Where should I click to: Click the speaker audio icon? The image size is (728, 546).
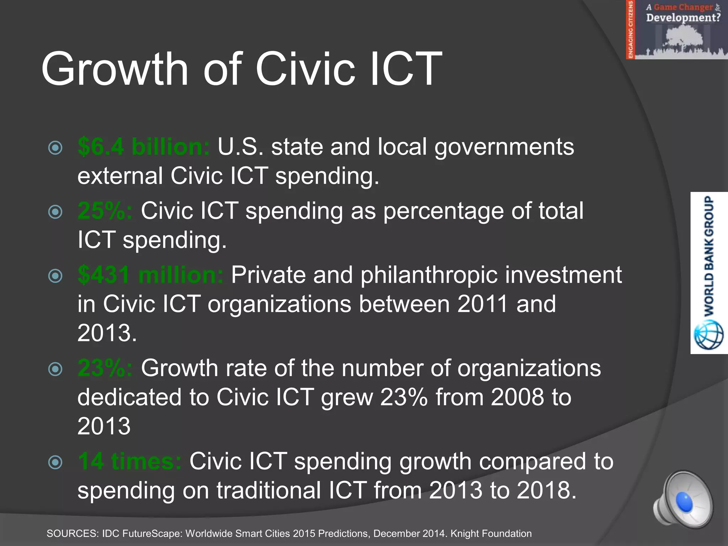[x=682, y=499]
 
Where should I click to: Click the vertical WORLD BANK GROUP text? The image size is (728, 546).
[x=709, y=256]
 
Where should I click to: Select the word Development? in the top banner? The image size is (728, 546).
[x=683, y=17]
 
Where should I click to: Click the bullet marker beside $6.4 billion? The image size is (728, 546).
[x=55, y=148]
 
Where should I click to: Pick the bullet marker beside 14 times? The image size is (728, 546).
[x=55, y=462]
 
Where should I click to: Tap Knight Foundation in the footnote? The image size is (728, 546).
[x=491, y=534]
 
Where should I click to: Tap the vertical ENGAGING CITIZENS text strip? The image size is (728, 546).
[x=631, y=29]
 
